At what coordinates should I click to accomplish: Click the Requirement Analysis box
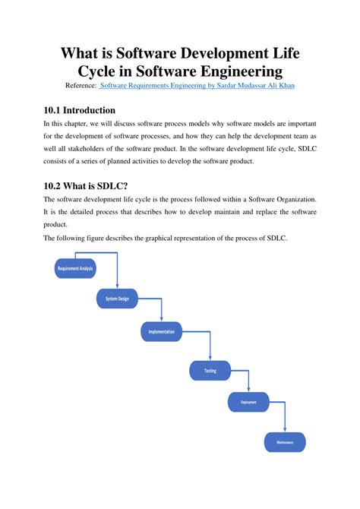coord(75,268)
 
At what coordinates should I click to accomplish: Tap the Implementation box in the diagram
coord(161,331)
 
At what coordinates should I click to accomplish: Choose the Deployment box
coord(248,402)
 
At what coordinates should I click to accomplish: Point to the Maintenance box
coord(284,441)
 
